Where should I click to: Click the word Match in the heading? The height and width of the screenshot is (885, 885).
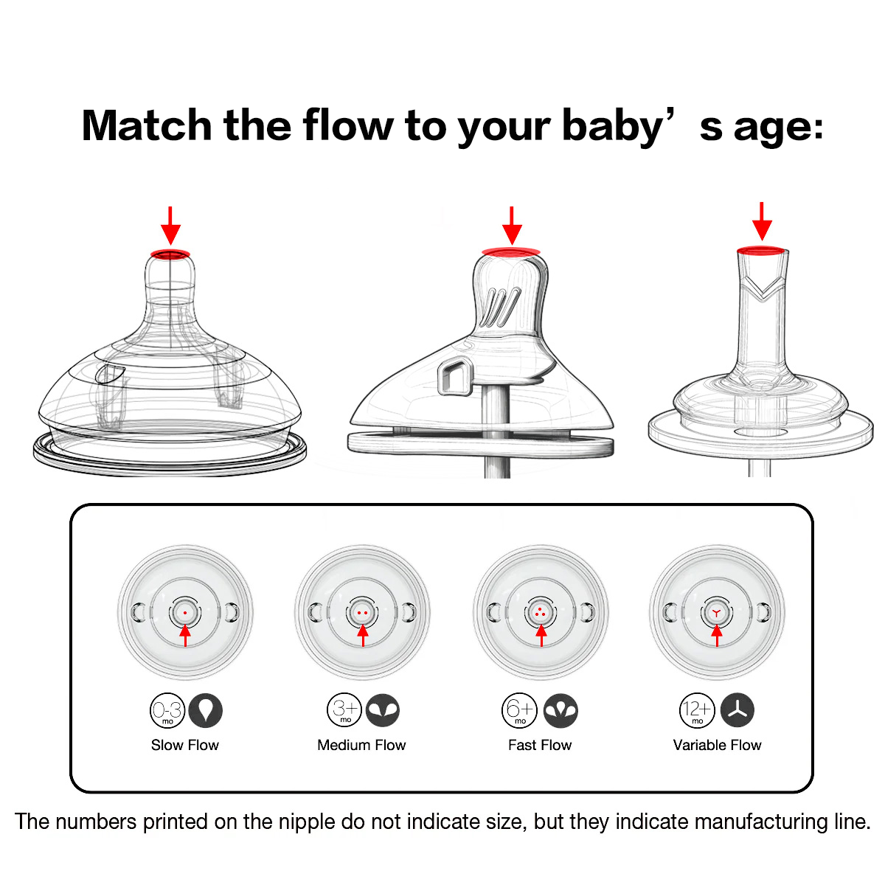point(147,125)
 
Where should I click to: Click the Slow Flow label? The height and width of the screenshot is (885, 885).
point(184,744)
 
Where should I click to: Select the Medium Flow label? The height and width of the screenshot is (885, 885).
point(361,744)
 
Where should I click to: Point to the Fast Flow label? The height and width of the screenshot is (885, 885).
point(540,744)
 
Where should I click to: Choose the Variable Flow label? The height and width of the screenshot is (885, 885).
point(717,744)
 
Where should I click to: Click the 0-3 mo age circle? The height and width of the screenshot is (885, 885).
point(167,710)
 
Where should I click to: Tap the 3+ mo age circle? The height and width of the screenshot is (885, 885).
point(344,710)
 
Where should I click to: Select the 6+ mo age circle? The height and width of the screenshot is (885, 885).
point(519,710)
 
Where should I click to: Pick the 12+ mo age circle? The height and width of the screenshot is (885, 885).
point(697,710)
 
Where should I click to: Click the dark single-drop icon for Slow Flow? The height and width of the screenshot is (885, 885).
point(205,710)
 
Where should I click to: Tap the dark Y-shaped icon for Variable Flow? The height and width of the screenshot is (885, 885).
point(737,710)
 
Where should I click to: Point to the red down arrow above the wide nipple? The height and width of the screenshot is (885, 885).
point(170,226)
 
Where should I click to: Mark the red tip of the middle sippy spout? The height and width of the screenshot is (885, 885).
point(510,251)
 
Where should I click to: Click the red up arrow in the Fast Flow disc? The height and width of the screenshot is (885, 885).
point(541,636)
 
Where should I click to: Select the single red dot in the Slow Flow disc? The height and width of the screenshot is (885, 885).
point(185,613)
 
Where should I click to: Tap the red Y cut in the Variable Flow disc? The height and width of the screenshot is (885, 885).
point(716,613)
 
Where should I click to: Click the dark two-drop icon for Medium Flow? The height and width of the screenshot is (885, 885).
point(383,710)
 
